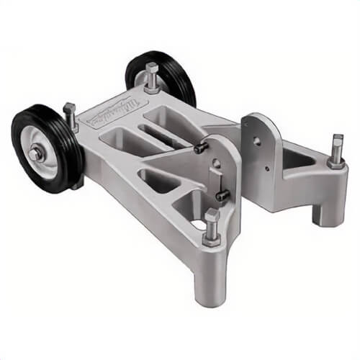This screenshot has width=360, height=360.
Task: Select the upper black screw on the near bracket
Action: click(x=202, y=148)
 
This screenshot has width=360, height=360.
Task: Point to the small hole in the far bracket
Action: click(x=266, y=170)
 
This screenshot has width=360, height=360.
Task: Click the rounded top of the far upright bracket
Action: click(x=258, y=119)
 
